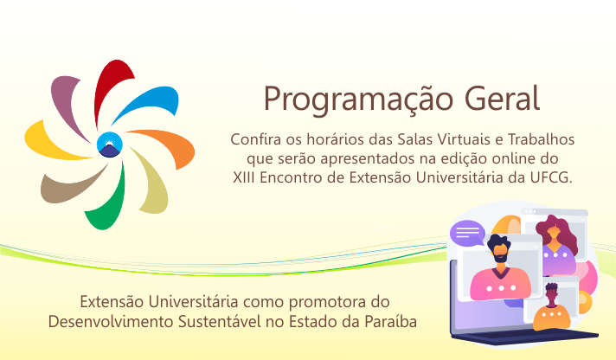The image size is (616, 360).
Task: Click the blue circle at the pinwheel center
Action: click(x=110, y=145)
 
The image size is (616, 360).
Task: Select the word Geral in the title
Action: click(x=502, y=99)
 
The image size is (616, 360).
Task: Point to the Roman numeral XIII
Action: click(x=244, y=177)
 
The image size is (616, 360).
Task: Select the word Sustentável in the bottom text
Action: click(x=220, y=321)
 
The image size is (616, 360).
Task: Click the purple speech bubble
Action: click(x=467, y=233)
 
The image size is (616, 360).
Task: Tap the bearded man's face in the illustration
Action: click(x=499, y=252)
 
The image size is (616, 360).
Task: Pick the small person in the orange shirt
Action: click(x=552, y=309)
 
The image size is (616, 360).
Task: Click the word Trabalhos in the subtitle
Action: click(x=542, y=139)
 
